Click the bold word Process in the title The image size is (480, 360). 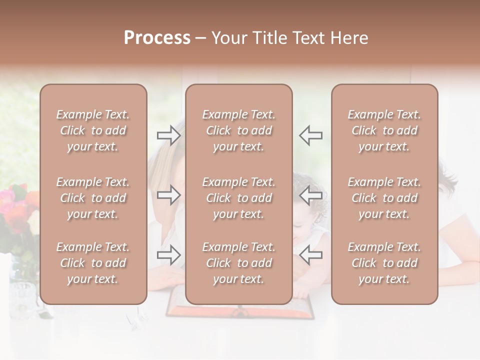157,38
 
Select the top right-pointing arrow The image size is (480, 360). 168,135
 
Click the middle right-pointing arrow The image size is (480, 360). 168,194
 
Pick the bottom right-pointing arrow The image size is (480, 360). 168,255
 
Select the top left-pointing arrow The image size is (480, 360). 311,135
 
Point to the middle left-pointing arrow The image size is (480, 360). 311,194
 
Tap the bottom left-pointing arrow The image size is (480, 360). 311,255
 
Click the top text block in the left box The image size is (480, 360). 93,130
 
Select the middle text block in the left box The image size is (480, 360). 93,198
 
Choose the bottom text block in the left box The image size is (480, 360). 93,263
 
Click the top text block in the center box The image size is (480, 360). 238,130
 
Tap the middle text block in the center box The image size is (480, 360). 238,198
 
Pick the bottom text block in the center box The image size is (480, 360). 238,263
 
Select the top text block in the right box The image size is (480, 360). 384,130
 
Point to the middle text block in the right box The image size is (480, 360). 384,198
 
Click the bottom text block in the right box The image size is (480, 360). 384,263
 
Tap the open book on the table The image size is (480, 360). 240,311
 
